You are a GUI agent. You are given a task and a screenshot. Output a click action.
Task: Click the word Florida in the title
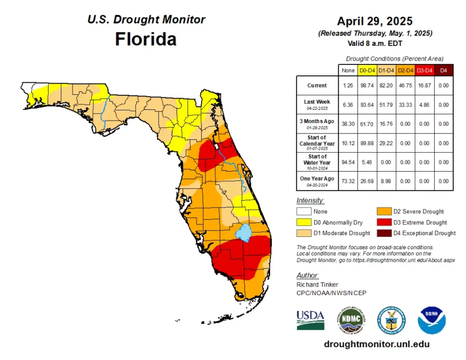point(146,39)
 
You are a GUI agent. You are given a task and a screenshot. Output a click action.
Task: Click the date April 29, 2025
point(375,21)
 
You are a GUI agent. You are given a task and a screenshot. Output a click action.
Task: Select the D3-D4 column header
point(424,70)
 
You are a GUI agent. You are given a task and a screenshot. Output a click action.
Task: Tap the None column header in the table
point(348,70)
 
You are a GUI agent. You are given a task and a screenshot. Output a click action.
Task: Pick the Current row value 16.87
point(424,86)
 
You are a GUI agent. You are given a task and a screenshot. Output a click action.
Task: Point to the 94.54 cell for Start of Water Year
point(348,162)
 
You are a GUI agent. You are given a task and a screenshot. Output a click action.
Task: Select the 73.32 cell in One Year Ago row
point(348,181)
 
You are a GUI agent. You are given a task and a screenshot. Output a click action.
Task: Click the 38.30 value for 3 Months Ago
point(348,124)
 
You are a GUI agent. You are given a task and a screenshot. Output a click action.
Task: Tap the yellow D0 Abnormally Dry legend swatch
point(304,223)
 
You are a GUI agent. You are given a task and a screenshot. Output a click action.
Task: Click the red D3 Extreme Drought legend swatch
point(384,223)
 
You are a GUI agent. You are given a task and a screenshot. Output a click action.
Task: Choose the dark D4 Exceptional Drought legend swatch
point(384,233)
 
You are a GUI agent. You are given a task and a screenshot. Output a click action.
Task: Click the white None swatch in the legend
point(304,212)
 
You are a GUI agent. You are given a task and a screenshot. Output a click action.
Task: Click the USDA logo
point(310,320)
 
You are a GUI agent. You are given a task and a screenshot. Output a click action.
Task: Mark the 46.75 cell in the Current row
point(405,86)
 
